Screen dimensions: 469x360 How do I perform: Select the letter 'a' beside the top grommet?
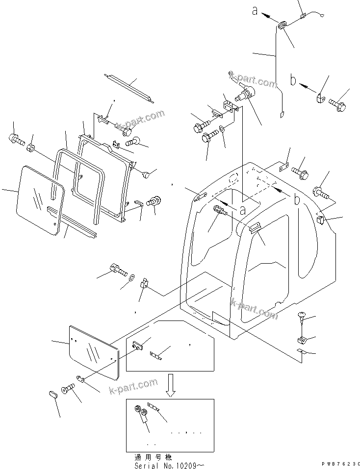255,11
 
